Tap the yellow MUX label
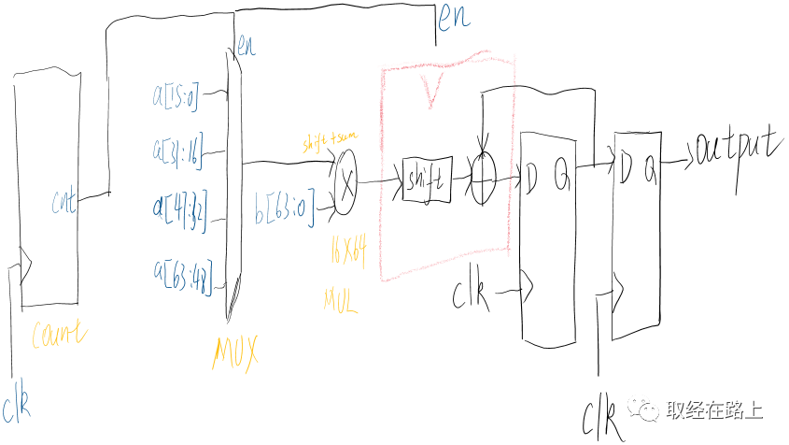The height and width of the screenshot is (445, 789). click(x=235, y=351)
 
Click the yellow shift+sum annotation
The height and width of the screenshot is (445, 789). click(x=329, y=141)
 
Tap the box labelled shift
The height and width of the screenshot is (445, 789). click(x=428, y=179)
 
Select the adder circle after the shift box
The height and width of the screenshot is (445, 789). click(x=481, y=179)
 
